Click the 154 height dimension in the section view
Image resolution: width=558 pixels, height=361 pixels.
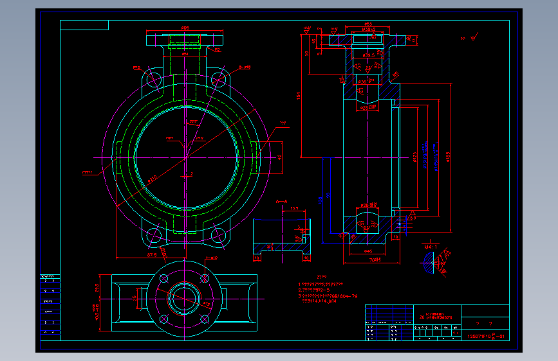pos(299,96)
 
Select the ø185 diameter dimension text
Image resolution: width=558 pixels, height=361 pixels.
pos(447,154)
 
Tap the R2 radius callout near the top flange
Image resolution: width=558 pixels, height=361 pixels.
pos(217,50)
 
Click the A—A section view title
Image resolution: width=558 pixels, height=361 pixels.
pos(282,202)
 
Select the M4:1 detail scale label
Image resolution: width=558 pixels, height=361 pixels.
pos(431,246)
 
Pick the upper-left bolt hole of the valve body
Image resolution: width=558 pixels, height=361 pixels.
pos(154,80)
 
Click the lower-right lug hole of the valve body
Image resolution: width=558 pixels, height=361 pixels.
pos(218,236)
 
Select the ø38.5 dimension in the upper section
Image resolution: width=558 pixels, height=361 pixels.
pos(368,56)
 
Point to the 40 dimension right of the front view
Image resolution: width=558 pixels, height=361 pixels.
pos(280,156)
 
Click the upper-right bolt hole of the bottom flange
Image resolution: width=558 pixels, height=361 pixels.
pos(205,278)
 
